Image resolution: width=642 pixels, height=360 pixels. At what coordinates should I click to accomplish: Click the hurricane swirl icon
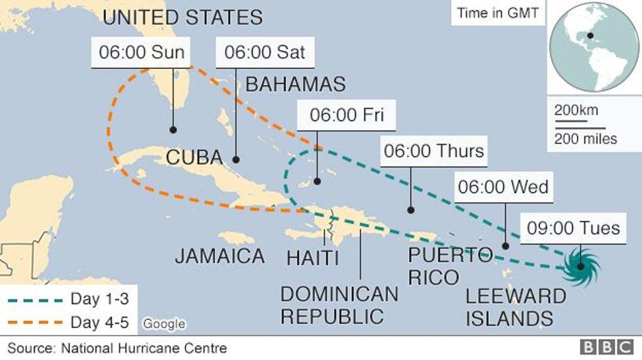(x=581, y=267)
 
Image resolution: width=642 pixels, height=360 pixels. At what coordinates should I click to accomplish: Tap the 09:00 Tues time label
(x=573, y=227)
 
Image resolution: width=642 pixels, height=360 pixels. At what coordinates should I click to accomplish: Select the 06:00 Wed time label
(x=503, y=187)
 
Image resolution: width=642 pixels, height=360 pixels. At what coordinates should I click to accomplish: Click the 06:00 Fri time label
(x=347, y=115)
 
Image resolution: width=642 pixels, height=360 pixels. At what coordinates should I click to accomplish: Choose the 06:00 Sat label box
(x=265, y=52)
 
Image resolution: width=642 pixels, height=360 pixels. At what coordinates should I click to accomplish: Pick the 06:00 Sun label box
(x=142, y=52)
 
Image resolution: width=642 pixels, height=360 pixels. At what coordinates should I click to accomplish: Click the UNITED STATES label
(x=182, y=17)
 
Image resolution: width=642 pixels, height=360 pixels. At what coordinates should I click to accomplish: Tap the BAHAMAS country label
(x=295, y=84)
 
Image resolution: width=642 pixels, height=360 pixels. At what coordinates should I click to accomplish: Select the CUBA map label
(x=194, y=157)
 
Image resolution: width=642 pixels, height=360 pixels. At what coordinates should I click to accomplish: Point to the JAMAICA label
(x=219, y=255)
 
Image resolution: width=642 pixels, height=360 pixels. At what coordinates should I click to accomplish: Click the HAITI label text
(x=312, y=257)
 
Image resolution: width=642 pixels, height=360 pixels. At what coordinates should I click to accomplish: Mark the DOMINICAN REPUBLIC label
(x=339, y=305)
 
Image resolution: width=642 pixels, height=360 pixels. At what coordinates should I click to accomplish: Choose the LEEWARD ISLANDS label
(x=515, y=307)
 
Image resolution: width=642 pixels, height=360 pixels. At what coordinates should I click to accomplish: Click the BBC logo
(x=606, y=347)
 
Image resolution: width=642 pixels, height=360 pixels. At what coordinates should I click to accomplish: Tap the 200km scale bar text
(x=576, y=111)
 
